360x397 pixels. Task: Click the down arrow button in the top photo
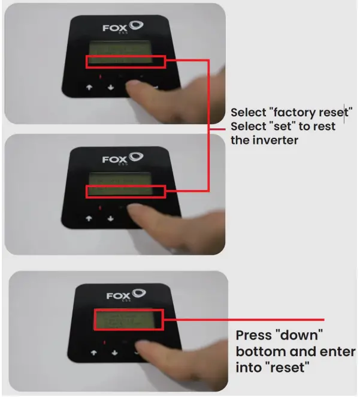coord(111,87)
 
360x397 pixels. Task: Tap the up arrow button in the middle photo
coord(89,218)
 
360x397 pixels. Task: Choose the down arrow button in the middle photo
coord(110,218)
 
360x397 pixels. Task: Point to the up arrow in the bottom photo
coord(93,353)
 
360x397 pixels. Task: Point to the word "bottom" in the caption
coord(262,351)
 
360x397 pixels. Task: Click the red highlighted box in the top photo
coord(125,61)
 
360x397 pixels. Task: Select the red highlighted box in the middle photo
coord(125,192)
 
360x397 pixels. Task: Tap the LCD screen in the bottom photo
coord(127,321)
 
